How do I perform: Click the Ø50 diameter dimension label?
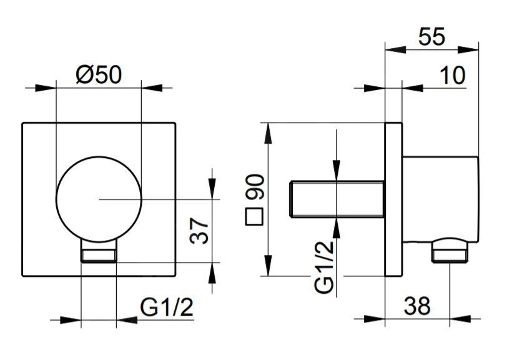coord(99,75)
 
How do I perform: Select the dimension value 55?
coord(432,37)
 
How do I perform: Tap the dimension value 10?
coord(452,75)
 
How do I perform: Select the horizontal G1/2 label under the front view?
coord(167,307)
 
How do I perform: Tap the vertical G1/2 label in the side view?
coord(324,267)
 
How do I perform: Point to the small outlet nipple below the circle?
coord(99,253)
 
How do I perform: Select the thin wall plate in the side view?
coord(393,199)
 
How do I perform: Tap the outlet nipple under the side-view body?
coord(450,253)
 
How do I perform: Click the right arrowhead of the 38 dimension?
coord(443,320)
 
